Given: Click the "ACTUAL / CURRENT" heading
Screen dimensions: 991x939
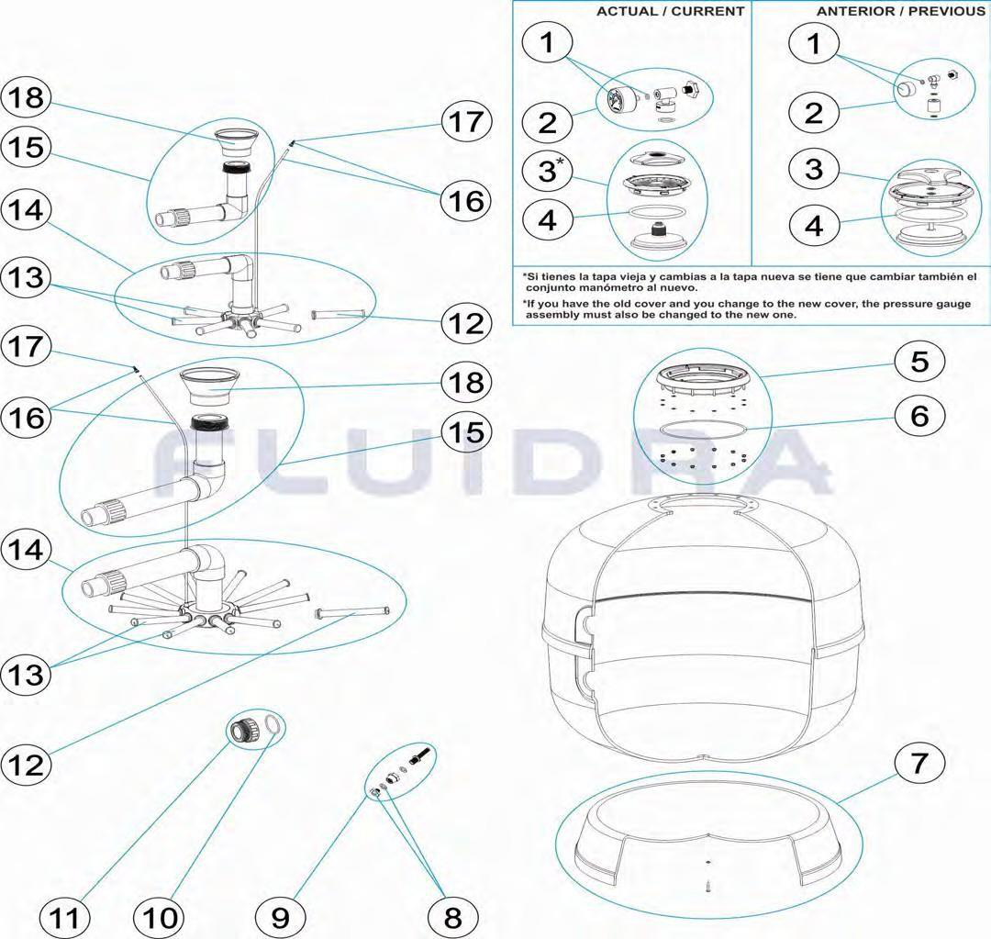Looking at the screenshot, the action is (x=670, y=11).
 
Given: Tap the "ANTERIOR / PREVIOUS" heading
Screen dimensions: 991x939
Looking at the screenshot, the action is (x=900, y=11).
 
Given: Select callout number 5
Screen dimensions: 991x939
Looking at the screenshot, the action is (x=919, y=361).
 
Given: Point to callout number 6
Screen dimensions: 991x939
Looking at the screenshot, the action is (x=919, y=416).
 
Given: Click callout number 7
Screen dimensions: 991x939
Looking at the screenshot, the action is (x=919, y=763).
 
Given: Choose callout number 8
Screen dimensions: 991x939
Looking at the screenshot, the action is (x=453, y=917).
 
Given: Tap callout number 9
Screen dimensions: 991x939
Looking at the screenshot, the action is (x=281, y=917).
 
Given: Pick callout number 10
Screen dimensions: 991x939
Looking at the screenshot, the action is (x=160, y=917).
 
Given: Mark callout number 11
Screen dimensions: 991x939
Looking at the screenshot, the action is (x=64, y=917).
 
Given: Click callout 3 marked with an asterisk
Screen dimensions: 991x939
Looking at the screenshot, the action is (x=547, y=171).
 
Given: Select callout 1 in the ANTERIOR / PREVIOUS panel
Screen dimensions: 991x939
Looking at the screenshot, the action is (x=814, y=44).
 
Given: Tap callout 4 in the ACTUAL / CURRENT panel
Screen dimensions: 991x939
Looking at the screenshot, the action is (x=547, y=220).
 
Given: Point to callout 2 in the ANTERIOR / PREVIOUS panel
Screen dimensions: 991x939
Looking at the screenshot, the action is (x=814, y=112).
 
